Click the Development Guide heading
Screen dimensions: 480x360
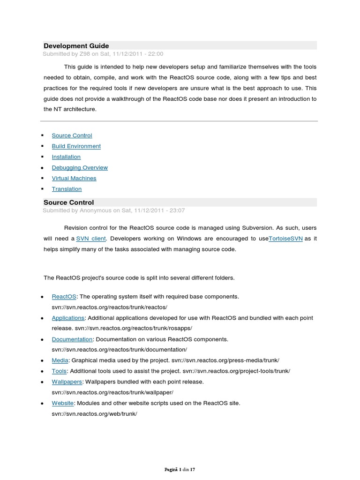coord(76,46)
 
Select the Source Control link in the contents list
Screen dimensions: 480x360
coord(72,135)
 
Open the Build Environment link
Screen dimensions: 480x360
coord(76,146)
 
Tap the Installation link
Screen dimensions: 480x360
coord(66,157)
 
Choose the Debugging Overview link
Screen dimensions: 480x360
coord(80,168)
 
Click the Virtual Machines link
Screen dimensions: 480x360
coord(74,179)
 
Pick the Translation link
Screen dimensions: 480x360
coord(67,189)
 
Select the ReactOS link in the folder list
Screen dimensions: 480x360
coord(60,297)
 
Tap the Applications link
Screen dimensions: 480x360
coord(68,318)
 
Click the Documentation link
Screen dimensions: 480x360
coord(72,339)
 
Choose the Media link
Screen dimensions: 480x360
coord(60,360)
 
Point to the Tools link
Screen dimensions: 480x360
coord(59,371)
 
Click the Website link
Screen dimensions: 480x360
coord(63,403)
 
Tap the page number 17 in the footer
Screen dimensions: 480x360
coord(192,469)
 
